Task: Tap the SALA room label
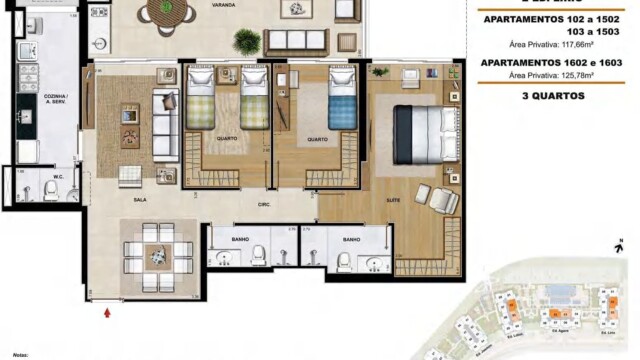[x=140, y=200]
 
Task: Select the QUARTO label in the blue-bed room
[x=317, y=139]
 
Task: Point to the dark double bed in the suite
[x=417, y=127]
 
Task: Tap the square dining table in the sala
[x=155, y=255]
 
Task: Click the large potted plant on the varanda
[x=246, y=41]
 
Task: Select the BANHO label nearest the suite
[x=351, y=240]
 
